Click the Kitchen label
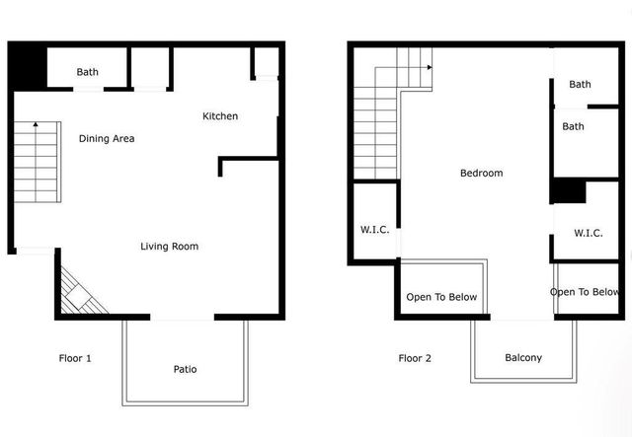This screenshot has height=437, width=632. (x=220, y=116)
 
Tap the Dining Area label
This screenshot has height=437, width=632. (x=107, y=138)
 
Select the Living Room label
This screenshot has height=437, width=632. (x=169, y=246)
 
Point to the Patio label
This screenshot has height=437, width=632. (x=185, y=369)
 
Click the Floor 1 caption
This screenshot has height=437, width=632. (x=75, y=358)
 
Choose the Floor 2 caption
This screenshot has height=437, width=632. (x=415, y=358)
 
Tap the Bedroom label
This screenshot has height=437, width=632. (x=482, y=174)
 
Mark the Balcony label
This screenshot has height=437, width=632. (x=523, y=358)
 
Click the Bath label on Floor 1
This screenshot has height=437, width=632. (x=88, y=72)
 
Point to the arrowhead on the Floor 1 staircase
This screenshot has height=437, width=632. (x=35, y=124)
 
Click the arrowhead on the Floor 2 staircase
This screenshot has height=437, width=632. (x=430, y=67)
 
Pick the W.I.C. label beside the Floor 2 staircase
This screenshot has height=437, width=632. (x=374, y=230)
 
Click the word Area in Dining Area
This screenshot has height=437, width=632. (x=122, y=138)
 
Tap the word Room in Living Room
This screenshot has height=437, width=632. (x=185, y=246)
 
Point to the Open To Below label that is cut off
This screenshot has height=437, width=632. (x=585, y=292)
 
